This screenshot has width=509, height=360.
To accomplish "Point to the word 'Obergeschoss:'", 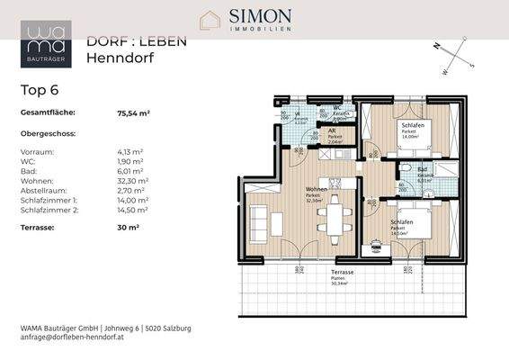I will point(49,133).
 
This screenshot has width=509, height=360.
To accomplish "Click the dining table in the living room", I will point(335,216).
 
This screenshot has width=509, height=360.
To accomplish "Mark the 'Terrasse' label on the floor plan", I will point(342,272).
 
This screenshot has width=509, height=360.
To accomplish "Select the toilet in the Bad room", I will point(408,170).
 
